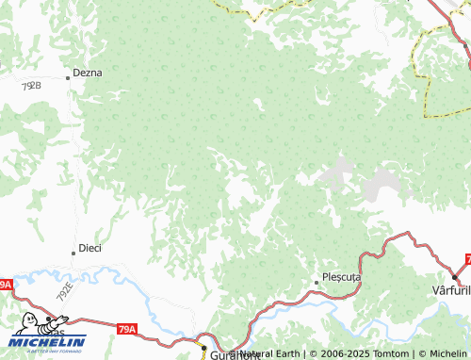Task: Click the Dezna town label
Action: coord(89,72)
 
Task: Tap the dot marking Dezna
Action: coord(68,77)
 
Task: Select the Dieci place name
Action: coord(89,248)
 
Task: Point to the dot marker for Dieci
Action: coord(73,253)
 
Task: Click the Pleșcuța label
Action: coord(341,279)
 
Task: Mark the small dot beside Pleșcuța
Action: coord(317,282)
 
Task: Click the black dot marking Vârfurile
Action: coord(454,276)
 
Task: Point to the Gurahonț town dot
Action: coord(203,348)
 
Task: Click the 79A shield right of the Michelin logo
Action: coord(127,330)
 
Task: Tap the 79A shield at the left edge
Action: coord(5,284)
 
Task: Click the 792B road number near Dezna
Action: coord(31,86)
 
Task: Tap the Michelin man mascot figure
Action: coord(28,324)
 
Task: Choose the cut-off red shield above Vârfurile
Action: coord(466,259)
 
